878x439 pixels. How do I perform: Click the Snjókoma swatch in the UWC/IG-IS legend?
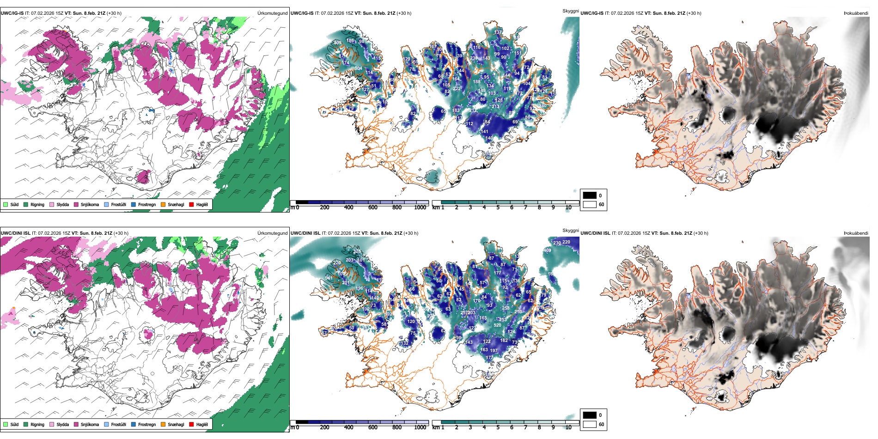click(x=76, y=204)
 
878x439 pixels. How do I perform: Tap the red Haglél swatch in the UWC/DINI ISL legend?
click(x=191, y=424)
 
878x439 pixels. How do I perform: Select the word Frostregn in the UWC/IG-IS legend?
click(x=147, y=204)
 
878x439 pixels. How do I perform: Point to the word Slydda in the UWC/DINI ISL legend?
click(x=63, y=424)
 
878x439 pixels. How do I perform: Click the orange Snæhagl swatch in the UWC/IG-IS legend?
click(x=163, y=204)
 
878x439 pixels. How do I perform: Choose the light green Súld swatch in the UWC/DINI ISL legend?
click(x=6, y=424)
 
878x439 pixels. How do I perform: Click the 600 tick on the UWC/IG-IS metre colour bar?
click(x=372, y=207)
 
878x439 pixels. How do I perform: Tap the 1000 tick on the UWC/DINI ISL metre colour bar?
click(x=420, y=427)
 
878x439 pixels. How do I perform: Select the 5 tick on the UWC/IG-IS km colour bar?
click(x=498, y=207)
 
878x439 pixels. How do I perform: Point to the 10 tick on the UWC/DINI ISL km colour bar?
click(x=568, y=427)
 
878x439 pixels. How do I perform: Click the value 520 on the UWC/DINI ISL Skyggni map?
click(x=498, y=325)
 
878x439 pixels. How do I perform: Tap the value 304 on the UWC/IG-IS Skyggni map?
click(x=358, y=68)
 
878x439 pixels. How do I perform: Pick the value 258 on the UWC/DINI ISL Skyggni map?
click(x=506, y=308)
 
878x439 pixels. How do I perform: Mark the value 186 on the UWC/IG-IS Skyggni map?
click(x=350, y=41)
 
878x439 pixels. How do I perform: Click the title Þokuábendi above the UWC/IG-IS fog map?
click(x=856, y=13)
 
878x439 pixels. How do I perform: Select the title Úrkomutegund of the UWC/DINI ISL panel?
click(x=272, y=233)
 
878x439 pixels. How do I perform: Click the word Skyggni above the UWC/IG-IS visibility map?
click(x=570, y=11)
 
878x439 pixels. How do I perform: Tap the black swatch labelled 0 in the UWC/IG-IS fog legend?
click(x=590, y=195)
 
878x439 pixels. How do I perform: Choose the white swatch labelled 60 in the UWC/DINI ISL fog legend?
click(x=590, y=424)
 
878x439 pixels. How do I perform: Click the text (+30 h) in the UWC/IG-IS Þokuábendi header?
click(x=694, y=13)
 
